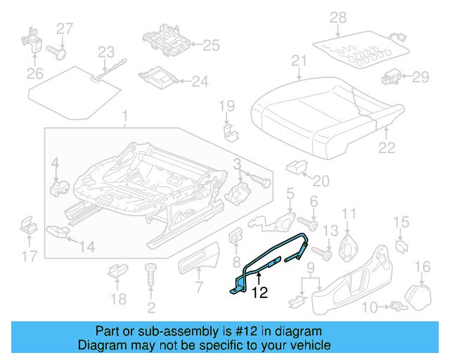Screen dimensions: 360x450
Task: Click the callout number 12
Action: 260,293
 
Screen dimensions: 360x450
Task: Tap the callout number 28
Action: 339,17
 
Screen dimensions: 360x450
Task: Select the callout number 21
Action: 300,61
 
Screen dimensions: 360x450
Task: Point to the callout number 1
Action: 125,116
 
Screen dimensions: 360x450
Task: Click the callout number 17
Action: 29,257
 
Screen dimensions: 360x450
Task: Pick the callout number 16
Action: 422,266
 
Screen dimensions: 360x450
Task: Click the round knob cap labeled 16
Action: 421,293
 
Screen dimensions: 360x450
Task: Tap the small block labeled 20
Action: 295,167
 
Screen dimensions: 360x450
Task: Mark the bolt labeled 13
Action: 319,250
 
